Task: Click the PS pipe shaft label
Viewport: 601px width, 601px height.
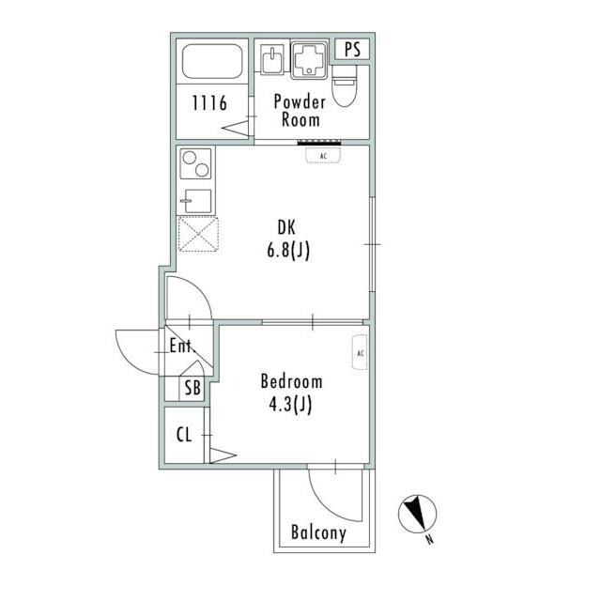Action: click(352, 50)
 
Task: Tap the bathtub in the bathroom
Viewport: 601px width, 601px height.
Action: click(212, 61)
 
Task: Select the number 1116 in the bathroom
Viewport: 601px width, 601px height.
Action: click(209, 102)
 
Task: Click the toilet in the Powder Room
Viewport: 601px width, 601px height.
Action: click(345, 85)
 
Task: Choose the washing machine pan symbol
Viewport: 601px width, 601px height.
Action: click(309, 60)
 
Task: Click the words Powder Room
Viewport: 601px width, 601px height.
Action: click(300, 111)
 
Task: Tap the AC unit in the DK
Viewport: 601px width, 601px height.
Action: click(323, 156)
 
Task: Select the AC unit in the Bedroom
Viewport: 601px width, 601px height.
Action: click(360, 353)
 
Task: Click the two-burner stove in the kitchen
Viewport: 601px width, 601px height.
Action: click(195, 163)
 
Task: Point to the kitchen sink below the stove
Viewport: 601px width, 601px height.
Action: click(196, 201)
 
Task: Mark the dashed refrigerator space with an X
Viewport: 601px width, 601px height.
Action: click(198, 234)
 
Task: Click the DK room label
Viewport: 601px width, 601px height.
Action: click(286, 227)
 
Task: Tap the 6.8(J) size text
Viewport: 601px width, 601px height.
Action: click(288, 251)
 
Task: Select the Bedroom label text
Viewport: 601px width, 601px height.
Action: click(291, 381)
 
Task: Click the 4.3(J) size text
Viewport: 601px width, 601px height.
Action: click(290, 405)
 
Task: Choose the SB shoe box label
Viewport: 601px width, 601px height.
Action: click(193, 388)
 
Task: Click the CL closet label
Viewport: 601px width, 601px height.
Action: click(184, 435)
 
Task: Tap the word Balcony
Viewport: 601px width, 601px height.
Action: click(318, 532)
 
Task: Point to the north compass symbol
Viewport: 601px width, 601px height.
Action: click(417, 514)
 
